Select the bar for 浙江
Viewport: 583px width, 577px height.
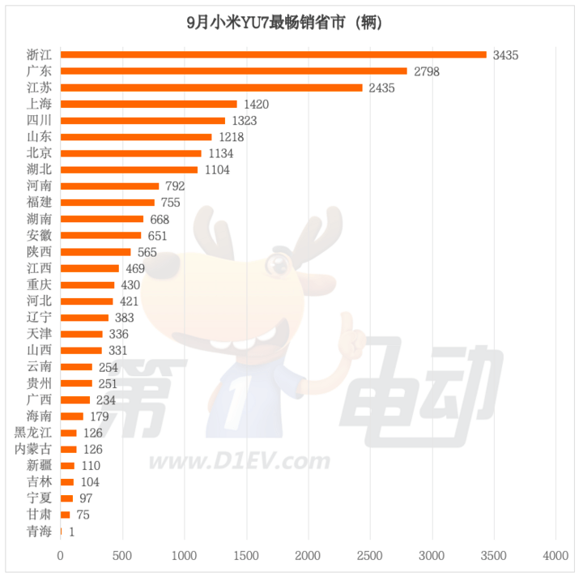(x=274, y=55)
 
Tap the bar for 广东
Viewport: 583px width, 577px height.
(x=234, y=71)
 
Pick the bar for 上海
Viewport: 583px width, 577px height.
(x=149, y=105)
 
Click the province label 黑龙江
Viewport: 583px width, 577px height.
(x=34, y=433)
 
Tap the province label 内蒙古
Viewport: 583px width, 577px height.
(x=34, y=449)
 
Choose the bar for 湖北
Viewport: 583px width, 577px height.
(x=130, y=170)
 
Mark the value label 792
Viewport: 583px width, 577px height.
(x=174, y=186)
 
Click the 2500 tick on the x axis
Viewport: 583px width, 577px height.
(x=370, y=556)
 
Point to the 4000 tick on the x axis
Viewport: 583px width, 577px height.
(x=555, y=556)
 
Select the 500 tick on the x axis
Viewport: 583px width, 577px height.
(x=122, y=556)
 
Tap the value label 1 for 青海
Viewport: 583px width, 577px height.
(x=72, y=532)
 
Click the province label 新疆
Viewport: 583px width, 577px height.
(x=40, y=466)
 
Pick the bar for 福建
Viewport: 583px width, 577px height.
(x=108, y=203)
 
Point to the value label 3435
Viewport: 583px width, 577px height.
(x=504, y=55)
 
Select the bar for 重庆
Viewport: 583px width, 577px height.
(x=87, y=285)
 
